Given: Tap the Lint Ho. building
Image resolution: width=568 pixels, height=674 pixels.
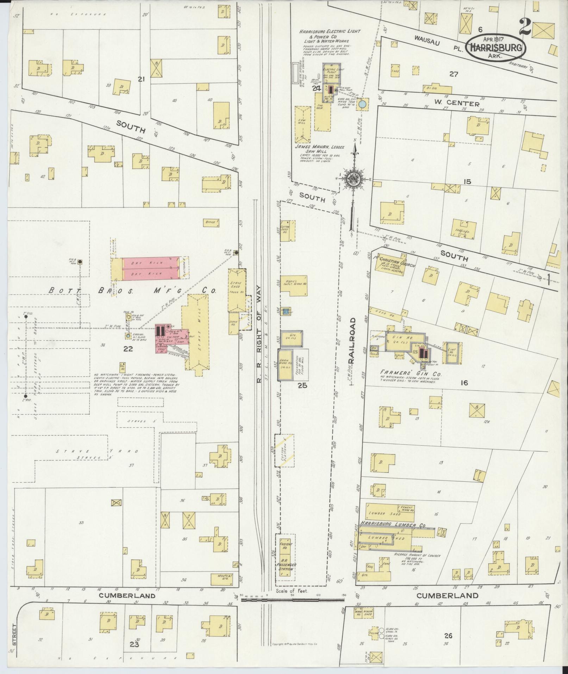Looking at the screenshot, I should click(452, 352).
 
